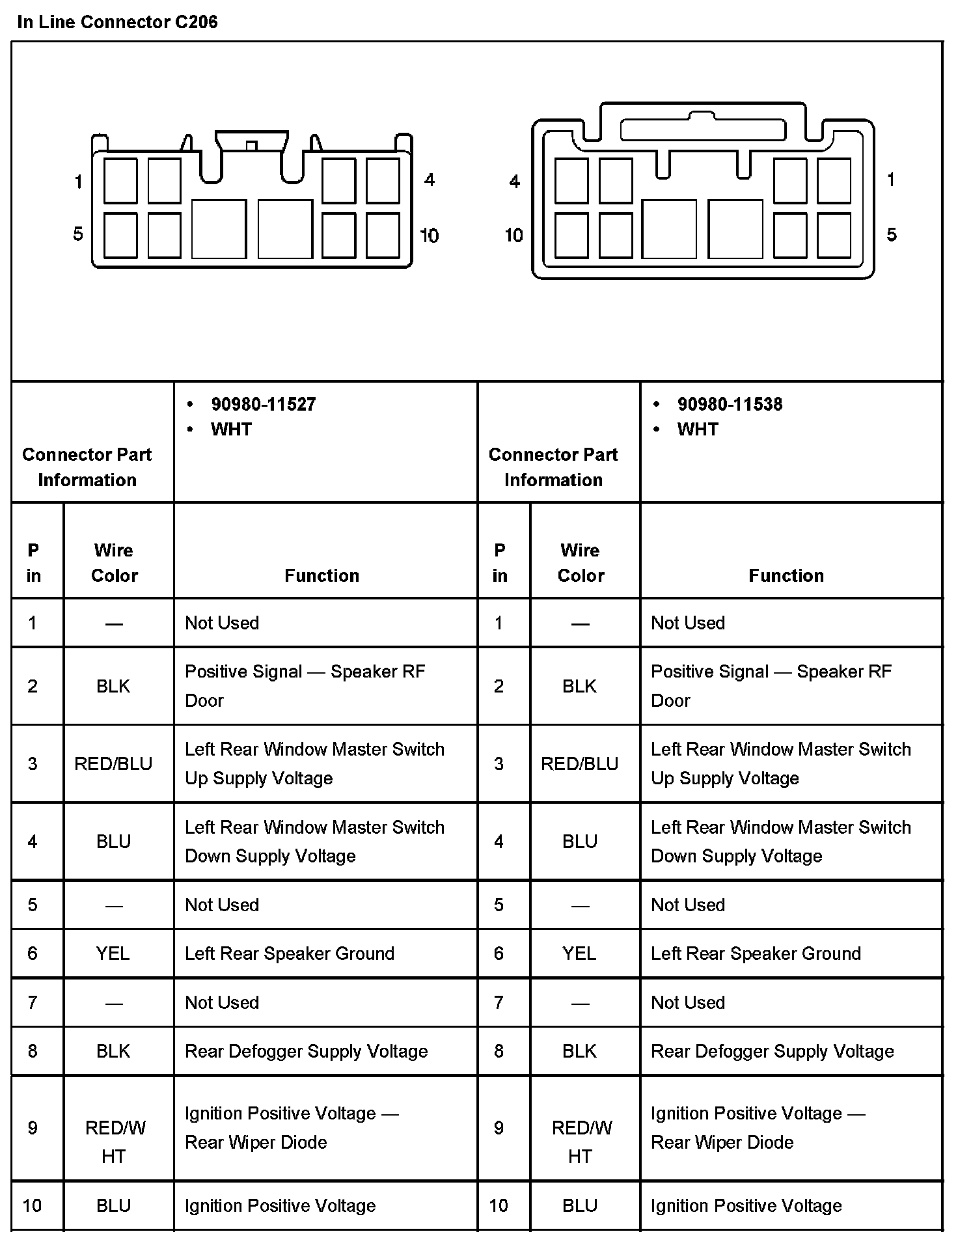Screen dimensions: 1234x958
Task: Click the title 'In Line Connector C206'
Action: pos(117,22)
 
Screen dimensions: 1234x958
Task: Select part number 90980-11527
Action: pos(263,404)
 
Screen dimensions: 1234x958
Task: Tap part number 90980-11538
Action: pos(730,404)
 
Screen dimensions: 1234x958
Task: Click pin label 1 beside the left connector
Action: pos(79,182)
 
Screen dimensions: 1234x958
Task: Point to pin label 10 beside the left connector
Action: pos(429,235)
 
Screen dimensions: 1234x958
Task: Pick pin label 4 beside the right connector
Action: pos(515,182)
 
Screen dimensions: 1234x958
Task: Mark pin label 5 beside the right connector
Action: pos(892,234)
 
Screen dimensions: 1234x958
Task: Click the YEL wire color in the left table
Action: pos(113,953)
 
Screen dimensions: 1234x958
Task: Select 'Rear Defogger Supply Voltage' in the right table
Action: pos(773,1051)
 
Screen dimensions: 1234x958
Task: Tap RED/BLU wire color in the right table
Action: pos(579,763)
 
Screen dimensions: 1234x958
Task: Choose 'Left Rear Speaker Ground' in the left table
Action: pos(290,953)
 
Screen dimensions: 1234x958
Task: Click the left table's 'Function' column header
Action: pos(322,575)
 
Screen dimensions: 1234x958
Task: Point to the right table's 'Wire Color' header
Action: pos(581,562)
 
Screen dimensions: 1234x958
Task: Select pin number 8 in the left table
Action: pos(33,1051)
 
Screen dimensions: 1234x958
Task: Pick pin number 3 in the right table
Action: pos(499,763)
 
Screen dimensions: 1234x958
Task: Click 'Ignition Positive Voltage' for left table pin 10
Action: pos(281,1205)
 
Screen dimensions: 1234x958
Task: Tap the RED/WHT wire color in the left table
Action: pos(115,1142)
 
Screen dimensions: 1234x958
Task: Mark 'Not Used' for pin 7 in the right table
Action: pos(688,1002)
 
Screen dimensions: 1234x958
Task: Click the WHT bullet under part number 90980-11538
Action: pos(698,430)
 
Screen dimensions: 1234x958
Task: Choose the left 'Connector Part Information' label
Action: pos(87,467)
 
